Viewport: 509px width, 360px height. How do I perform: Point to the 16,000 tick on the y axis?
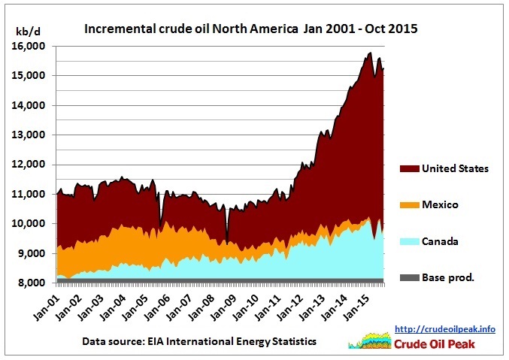30,47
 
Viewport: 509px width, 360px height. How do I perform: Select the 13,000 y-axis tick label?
30,135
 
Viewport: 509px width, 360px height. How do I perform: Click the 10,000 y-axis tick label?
30,224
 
